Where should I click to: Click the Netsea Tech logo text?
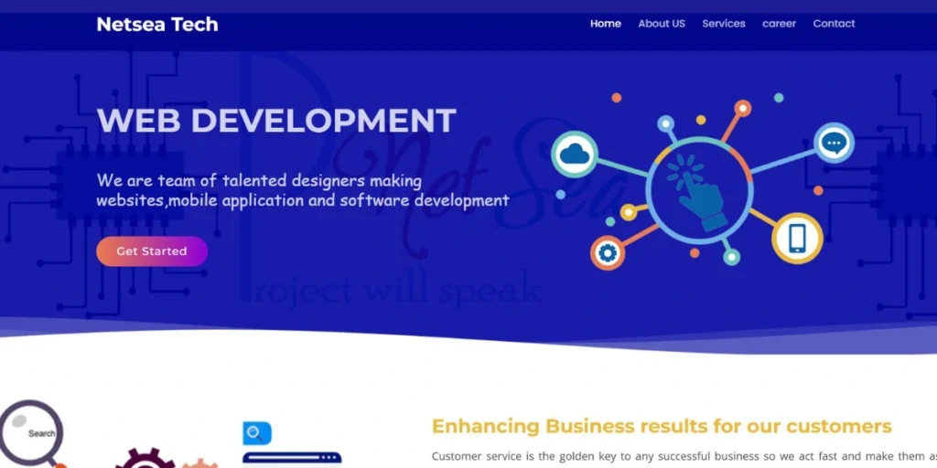pyautogui.click(x=157, y=25)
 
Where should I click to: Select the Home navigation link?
pyautogui.click(x=606, y=24)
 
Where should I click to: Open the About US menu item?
pyautogui.click(x=662, y=24)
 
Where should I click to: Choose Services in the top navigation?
pyautogui.click(x=724, y=24)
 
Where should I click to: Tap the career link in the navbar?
pyautogui.click(x=780, y=24)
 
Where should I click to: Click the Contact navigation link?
pyautogui.click(x=835, y=24)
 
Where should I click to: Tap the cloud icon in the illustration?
pyautogui.click(x=575, y=154)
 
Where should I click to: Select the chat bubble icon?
pyautogui.click(x=834, y=144)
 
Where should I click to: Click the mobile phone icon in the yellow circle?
pyautogui.click(x=797, y=239)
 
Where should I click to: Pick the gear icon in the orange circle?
pyautogui.click(x=608, y=252)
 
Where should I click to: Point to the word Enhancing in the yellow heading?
pyautogui.click(x=485, y=426)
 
